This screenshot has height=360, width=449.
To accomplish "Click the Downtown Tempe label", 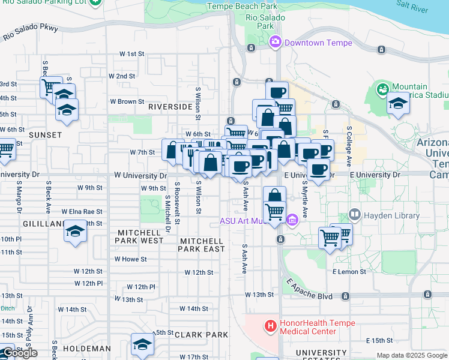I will pyautogui.click(x=318, y=43).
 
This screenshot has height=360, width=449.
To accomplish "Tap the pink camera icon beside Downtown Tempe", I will pyautogui.click(x=276, y=42).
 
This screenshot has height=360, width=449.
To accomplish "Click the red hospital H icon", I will pyautogui.click(x=270, y=327).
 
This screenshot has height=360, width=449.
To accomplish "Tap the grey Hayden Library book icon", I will pyautogui.click(x=354, y=214).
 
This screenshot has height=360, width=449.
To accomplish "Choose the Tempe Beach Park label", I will pyautogui.click(x=242, y=6).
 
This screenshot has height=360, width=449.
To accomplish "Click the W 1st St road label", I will pyautogui.click(x=132, y=53).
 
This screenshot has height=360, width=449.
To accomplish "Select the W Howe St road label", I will pyautogui.click(x=130, y=259).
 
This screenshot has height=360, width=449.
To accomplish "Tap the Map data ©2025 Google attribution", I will pyautogui.click(x=412, y=355).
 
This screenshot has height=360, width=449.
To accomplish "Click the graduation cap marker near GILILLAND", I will pyautogui.click(x=76, y=231).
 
